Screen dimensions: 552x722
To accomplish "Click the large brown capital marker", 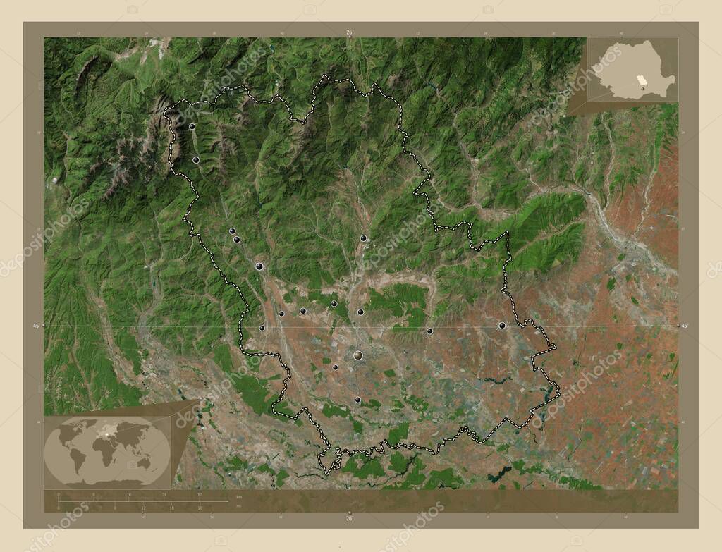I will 358,355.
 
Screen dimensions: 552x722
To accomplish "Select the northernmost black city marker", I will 192,127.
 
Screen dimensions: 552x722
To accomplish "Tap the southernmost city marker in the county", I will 357,400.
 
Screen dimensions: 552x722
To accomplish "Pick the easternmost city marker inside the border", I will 502,326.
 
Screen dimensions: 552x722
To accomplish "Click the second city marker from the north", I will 196,161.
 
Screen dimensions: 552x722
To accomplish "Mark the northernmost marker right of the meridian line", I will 363,238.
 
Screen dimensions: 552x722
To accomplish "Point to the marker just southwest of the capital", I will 335,367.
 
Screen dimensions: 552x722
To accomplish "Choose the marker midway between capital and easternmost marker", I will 429,331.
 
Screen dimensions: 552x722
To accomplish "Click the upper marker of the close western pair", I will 232,231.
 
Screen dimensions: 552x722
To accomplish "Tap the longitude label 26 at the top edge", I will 349,32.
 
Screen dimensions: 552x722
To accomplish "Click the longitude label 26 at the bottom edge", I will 349,518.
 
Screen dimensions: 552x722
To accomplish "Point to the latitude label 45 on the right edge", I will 684,326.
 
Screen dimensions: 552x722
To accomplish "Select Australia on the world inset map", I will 145,462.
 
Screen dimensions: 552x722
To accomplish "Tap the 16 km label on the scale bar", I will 128,495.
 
